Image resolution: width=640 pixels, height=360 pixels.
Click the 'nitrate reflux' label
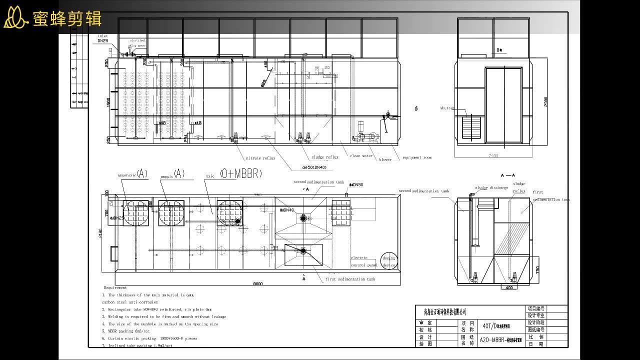[260, 158]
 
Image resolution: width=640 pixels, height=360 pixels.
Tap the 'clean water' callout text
[361, 156]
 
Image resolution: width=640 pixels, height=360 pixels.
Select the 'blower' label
[385, 160]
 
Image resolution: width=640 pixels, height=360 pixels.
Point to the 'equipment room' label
[417, 158]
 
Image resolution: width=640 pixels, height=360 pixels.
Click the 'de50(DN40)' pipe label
[314, 167]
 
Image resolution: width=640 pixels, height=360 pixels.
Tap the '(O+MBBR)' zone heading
[240, 173]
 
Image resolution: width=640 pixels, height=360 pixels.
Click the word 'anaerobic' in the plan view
[126, 175]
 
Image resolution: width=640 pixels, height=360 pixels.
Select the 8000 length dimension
[257, 284]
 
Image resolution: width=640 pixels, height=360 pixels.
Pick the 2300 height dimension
[545, 101]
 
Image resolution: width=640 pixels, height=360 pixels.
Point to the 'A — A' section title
[507, 175]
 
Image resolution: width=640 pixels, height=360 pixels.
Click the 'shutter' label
[447, 108]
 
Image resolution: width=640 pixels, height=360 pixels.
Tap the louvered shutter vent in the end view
[471, 127]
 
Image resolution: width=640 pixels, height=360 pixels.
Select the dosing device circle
[388, 261]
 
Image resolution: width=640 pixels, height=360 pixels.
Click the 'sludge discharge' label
[491, 188]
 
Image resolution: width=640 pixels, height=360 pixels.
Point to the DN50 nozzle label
[357, 185]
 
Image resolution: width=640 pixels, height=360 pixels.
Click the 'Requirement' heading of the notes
[115, 287]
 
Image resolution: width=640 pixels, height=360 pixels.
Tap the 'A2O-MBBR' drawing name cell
[500, 340]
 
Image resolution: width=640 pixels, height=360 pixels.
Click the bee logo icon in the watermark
[15, 18]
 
